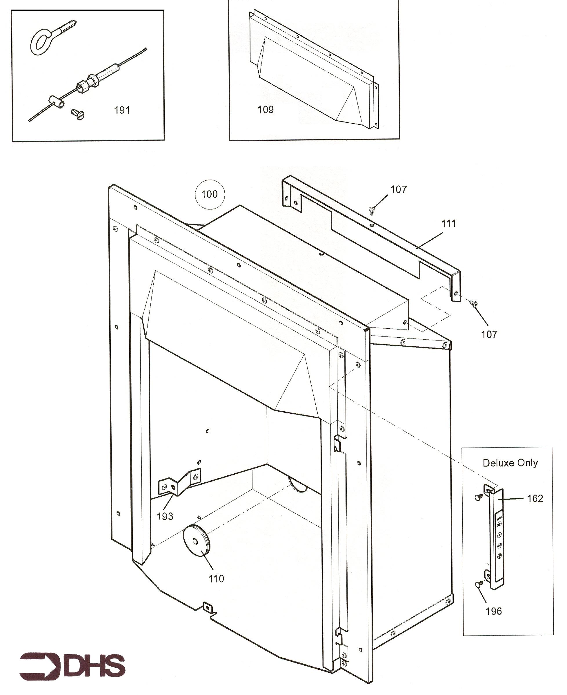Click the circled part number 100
(209, 194)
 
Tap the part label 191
(122, 110)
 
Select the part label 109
(266, 109)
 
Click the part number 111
(448, 224)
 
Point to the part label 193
(165, 516)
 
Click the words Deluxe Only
(510, 463)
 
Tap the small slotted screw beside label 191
(78, 114)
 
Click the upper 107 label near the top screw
(399, 189)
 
